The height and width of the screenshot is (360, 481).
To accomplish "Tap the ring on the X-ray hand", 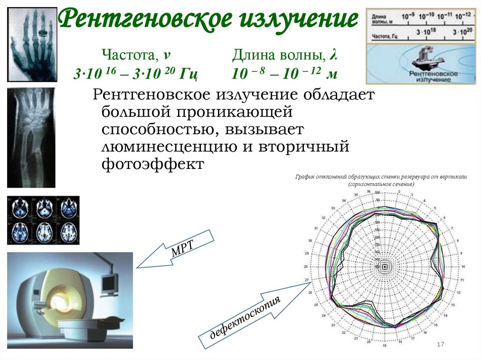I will (43, 33).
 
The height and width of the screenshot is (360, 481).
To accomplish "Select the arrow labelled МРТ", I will (176, 250).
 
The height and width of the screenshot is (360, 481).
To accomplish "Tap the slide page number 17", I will (441, 345).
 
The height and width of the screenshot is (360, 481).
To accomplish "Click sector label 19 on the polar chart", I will (384, 346).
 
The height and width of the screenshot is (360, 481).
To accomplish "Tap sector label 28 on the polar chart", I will (306, 267).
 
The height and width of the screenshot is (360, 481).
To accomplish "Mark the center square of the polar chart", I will (385, 267).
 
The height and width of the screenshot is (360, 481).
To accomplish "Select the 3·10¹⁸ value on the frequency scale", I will (424, 32).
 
